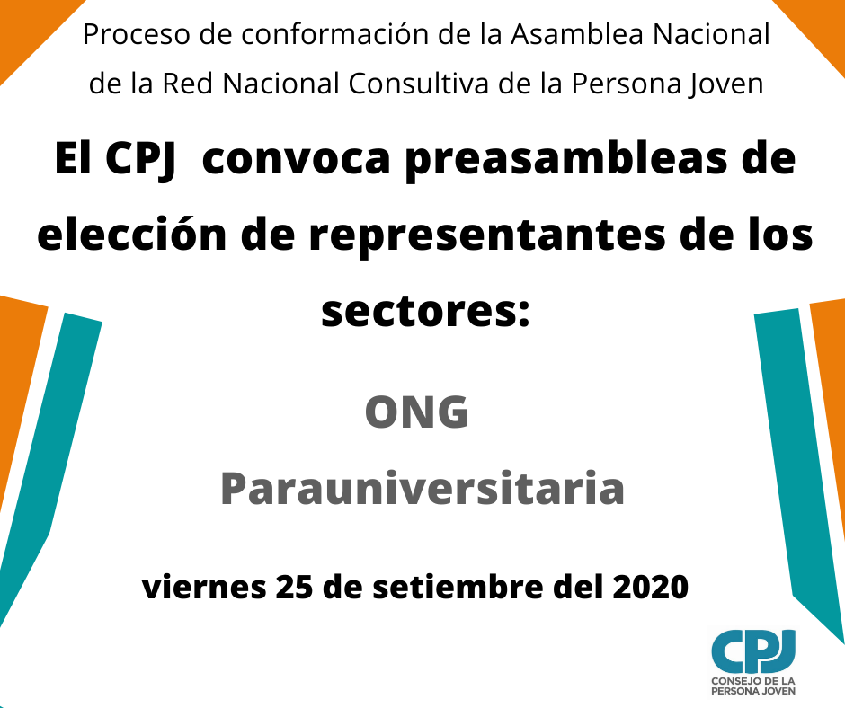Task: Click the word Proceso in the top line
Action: [137, 34]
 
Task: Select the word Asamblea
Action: [577, 34]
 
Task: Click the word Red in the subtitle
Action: [188, 84]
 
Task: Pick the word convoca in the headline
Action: [296, 160]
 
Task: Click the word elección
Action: [132, 235]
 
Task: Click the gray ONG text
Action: [416, 412]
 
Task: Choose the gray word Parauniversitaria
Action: [422, 488]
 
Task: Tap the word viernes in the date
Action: [204, 588]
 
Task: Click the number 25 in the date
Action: [294, 588]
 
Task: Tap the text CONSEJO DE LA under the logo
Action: [752, 681]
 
